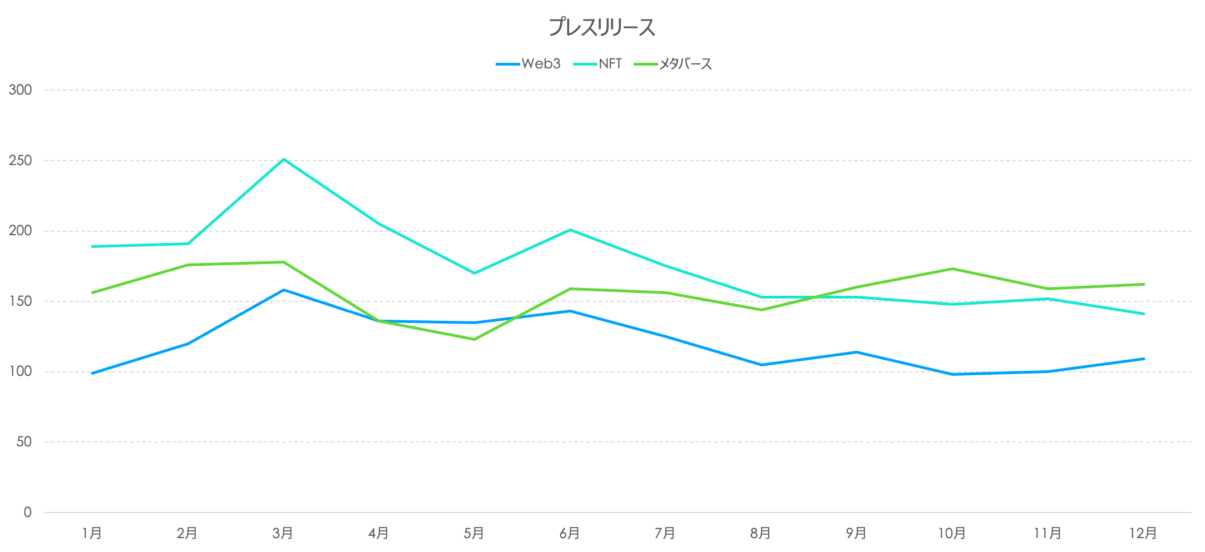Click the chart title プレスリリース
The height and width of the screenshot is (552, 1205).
click(602, 27)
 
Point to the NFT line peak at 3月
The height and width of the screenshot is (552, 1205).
click(284, 160)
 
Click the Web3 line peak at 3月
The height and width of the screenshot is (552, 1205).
click(284, 290)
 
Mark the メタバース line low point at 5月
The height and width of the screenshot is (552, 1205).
click(475, 339)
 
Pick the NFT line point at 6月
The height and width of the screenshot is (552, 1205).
click(570, 230)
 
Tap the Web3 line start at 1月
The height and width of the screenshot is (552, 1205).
click(92, 373)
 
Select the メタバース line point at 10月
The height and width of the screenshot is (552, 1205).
click(952, 269)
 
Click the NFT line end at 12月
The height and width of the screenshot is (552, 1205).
click(1144, 314)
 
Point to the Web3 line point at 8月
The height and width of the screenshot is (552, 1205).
click(761, 365)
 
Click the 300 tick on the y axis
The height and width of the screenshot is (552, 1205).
click(20, 89)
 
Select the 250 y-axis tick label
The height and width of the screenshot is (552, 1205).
click(20, 160)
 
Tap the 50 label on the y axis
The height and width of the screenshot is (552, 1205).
click(24, 442)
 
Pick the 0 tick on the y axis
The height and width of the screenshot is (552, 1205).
click(28, 513)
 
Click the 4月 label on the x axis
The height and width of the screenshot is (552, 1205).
click(378, 534)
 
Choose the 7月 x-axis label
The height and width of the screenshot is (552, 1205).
click(665, 534)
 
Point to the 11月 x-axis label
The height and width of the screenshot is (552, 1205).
click(1048, 534)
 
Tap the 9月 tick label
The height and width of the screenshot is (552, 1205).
click(856, 534)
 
